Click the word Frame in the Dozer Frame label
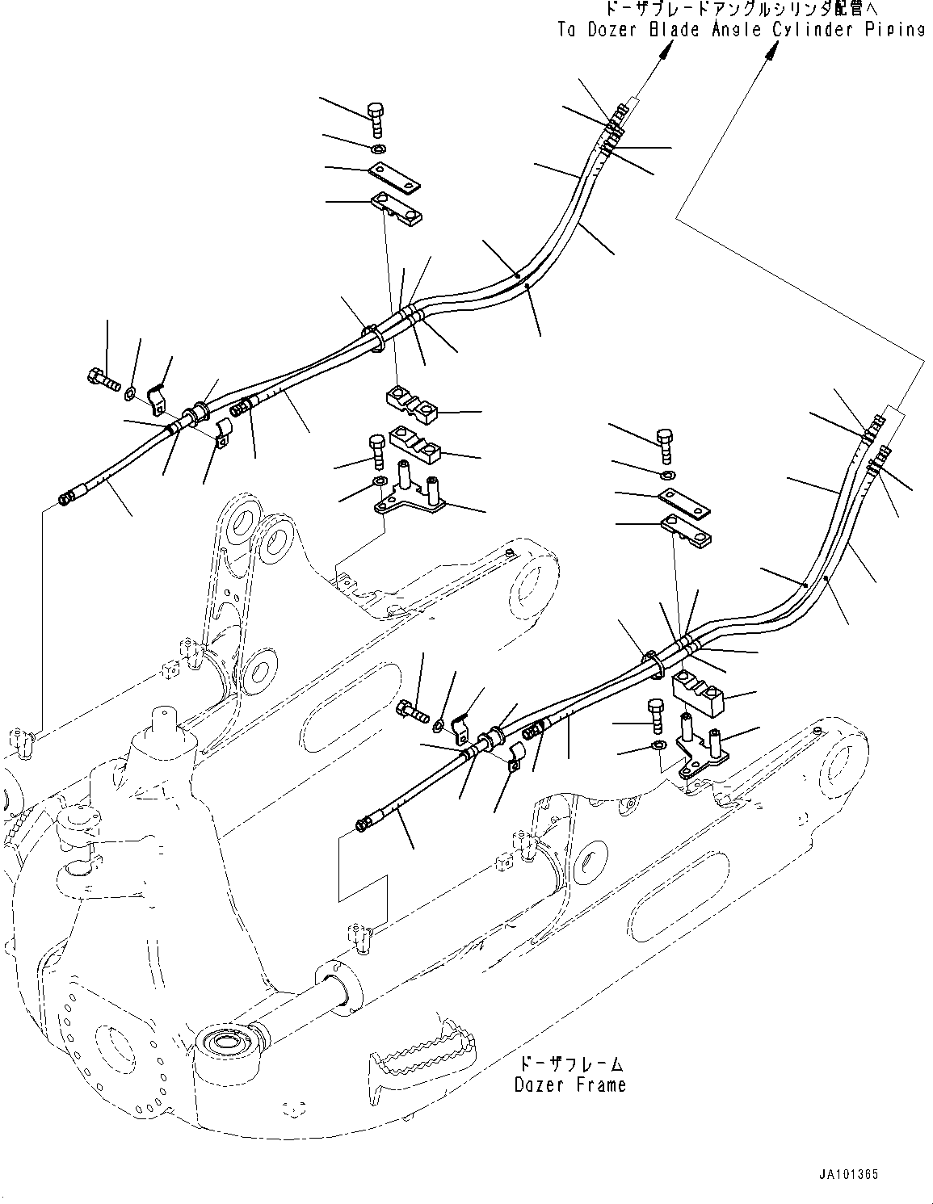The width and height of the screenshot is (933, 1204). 597,1085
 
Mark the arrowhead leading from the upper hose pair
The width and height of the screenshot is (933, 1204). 664,50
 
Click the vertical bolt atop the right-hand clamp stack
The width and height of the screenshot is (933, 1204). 666,443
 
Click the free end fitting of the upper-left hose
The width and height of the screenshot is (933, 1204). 68,499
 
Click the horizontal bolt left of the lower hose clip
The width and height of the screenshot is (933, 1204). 412,711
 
